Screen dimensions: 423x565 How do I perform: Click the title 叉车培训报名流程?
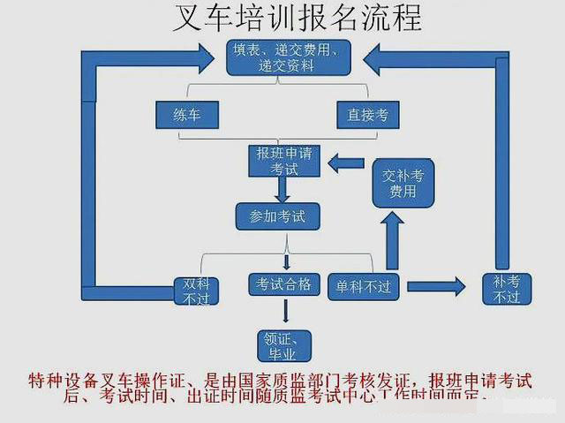pyautogui.click(x=282, y=18)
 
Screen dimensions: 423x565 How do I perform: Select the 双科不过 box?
pyautogui.click(x=196, y=291)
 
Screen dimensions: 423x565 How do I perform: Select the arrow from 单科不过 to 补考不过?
pyautogui.click(x=436, y=285)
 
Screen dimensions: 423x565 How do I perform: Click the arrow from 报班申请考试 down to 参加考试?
pyautogui.click(x=282, y=189)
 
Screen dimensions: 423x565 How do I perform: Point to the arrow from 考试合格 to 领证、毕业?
pyautogui.click(x=284, y=310)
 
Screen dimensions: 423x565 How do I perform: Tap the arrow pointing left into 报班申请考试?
pyautogui.click(x=345, y=162)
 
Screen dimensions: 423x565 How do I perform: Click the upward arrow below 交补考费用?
pyautogui.click(x=392, y=237)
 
